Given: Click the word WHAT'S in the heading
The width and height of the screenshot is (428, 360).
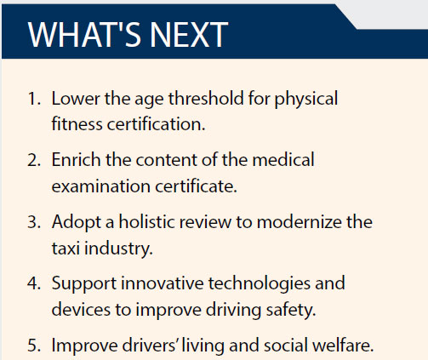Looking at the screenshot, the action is click(84, 35).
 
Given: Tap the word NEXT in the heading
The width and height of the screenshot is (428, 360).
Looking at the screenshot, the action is click(189, 35).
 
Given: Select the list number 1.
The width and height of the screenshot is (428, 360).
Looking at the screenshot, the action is click(34, 99).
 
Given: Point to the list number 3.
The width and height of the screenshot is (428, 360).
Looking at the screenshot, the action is click(34, 222).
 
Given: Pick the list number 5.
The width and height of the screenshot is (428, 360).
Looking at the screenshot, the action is click(34, 346).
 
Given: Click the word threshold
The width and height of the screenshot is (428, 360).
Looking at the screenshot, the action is click(206, 99).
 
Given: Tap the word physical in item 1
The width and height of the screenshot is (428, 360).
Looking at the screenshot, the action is click(306, 100).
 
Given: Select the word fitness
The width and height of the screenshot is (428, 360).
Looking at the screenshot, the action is click(77, 124).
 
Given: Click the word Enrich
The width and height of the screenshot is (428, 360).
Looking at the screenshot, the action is click(76, 160).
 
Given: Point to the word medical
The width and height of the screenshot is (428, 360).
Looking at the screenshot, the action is click(283, 160).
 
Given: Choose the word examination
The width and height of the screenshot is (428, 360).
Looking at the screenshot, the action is click(101, 186).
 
